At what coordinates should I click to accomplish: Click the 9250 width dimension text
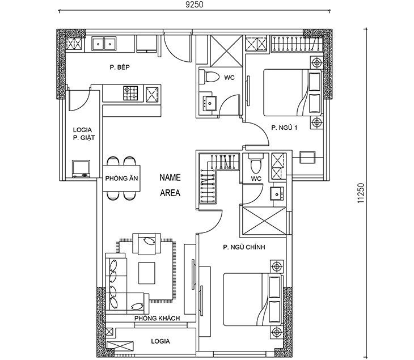point(195,5)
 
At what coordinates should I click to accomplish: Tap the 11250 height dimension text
point(361,193)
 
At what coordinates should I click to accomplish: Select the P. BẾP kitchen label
point(120,67)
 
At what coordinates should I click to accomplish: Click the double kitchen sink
point(104,44)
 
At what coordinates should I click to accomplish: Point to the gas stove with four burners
point(130,93)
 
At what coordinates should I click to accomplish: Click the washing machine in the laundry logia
point(81,168)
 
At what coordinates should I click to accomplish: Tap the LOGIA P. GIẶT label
point(83,134)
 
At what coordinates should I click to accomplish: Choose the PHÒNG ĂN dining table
point(121,179)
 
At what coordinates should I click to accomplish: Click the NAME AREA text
point(170,185)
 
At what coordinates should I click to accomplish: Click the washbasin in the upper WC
point(209,103)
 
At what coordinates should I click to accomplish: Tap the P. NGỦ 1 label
point(284,128)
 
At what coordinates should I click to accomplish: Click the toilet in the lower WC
point(256,163)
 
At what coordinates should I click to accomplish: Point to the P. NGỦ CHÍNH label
point(244,247)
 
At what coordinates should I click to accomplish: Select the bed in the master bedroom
point(253,299)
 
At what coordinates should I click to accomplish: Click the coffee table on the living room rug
point(147,273)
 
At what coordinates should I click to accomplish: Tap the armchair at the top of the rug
point(146,244)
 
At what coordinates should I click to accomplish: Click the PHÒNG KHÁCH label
point(157,318)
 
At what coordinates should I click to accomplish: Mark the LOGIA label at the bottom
point(160,341)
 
